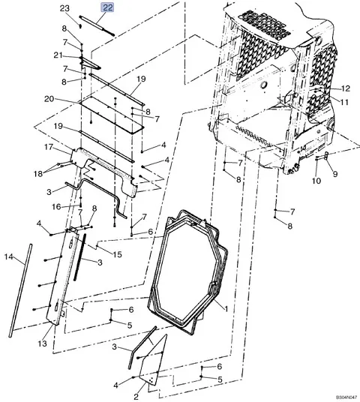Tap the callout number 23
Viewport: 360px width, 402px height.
pos(64,8)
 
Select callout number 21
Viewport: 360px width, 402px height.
pos(57,55)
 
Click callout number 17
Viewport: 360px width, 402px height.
pos(46,147)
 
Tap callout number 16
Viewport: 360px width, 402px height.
pos(55,206)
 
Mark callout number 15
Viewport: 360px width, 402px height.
pos(117,255)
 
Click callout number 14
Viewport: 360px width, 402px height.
pos(9,257)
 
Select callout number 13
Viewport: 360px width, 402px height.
pos(42,343)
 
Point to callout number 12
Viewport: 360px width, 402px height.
pos(346,89)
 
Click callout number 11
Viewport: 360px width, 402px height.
pos(346,101)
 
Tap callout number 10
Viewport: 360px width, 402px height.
pos(316,181)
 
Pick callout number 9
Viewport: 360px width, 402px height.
pos(335,174)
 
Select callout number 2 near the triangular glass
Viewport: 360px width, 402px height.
pos(136,397)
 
